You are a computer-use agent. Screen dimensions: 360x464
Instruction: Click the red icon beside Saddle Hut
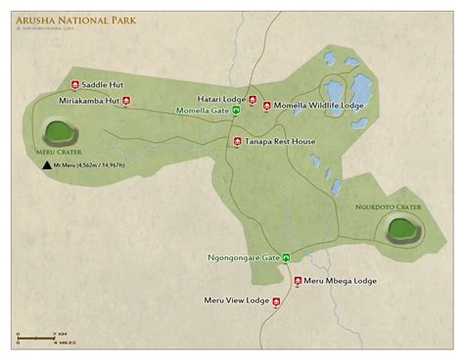point(76,85)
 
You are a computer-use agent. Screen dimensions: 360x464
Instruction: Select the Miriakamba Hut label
point(88,100)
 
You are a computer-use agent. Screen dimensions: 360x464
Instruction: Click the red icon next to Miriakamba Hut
point(125,100)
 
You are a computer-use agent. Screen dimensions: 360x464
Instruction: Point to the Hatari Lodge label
point(220,99)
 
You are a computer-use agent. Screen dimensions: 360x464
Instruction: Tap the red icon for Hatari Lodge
point(253,99)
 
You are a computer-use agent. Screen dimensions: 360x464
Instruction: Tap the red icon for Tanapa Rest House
point(237,141)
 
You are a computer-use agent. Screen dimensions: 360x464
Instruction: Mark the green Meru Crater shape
point(59,131)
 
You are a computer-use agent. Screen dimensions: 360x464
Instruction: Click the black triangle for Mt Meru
point(46,166)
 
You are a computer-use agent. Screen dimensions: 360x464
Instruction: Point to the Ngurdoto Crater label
point(389,207)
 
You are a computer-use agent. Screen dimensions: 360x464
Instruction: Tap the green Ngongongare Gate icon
point(287,257)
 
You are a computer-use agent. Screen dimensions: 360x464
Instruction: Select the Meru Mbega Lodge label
point(340,281)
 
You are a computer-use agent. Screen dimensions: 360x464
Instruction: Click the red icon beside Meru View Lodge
point(277,301)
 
